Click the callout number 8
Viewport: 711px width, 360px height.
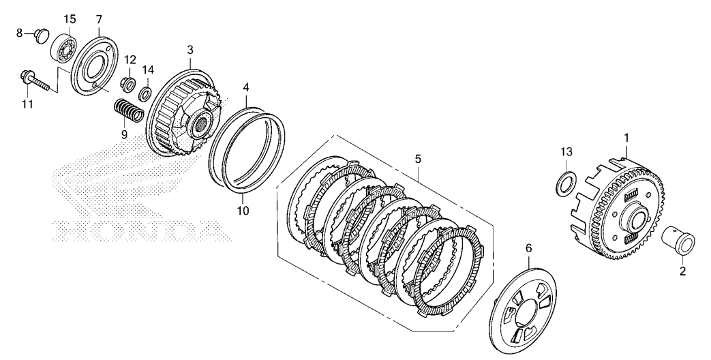(x=18, y=31)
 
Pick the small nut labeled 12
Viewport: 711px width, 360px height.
(x=127, y=85)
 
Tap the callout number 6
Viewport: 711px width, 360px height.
(x=527, y=249)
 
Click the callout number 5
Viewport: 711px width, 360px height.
(x=417, y=159)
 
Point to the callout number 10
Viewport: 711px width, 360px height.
(x=243, y=210)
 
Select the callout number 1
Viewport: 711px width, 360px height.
(x=626, y=138)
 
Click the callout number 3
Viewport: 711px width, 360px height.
(x=190, y=50)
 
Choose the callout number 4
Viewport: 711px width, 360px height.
(x=245, y=87)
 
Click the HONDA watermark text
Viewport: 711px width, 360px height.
(x=137, y=232)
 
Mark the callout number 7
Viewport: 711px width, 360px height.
(x=99, y=18)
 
